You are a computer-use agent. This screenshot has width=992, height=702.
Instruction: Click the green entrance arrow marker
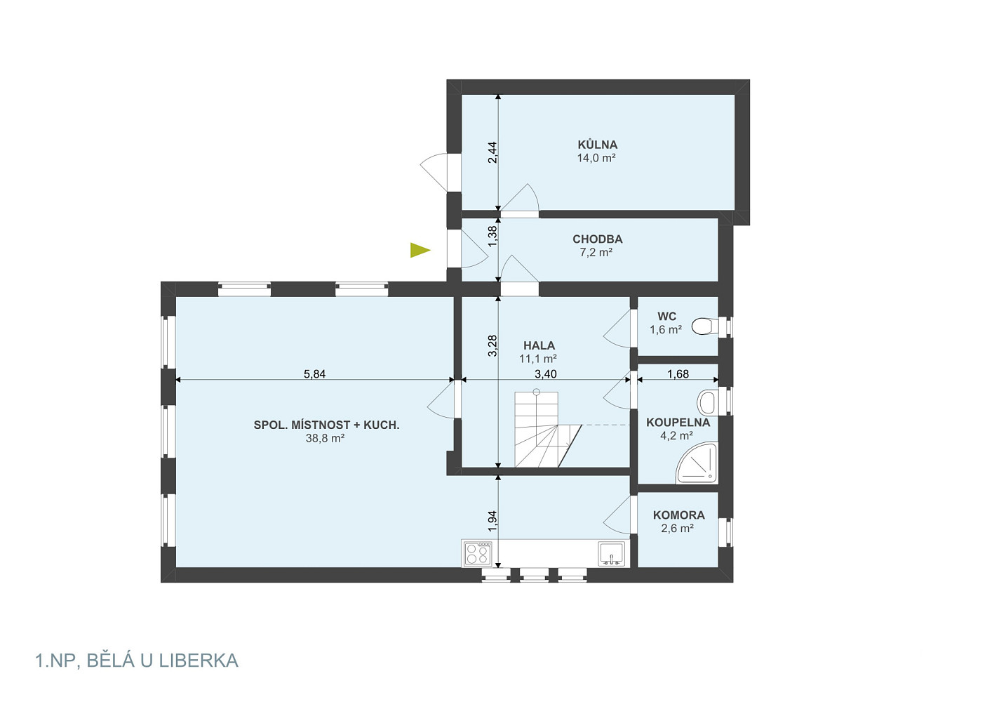pyautogui.click(x=420, y=251)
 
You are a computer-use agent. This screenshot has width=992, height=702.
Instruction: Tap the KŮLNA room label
pyautogui.click(x=598, y=145)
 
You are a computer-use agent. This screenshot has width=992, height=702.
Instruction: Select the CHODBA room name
pyautogui.click(x=598, y=239)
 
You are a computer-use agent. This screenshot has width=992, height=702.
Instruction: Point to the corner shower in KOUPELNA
pyautogui.click(x=697, y=463)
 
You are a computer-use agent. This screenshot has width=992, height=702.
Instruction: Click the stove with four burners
pyautogui.click(x=477, y=554)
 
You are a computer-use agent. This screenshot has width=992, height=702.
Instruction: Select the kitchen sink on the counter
pyautogui.click(x=612, y=554)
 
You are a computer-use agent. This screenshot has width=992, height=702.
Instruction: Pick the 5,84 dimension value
pyautogui.click(x=314, y=374)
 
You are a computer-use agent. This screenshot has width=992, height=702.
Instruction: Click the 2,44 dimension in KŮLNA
pyautogui.click(x=492, y=152)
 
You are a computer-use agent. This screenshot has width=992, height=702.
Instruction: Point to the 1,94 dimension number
pyautogui.click(x=492, y=522)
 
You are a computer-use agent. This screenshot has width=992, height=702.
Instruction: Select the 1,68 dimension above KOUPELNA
pyautogui.click(x=678, y=374)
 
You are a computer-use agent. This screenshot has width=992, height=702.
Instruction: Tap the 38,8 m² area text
pyautogui.click(x=326, y=438)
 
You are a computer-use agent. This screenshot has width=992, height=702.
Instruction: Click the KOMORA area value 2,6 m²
pyautogui.click(x=678, y=529)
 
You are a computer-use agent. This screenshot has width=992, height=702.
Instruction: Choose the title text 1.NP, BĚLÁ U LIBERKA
pyautogui.click(x=136, y=661)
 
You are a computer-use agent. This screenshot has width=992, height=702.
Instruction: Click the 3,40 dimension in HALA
pyautogui.click(x=546, y=374)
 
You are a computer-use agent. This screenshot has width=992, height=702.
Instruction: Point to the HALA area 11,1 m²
pyautogui.click(x=538, y=359)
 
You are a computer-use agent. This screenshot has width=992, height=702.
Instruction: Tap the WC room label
pyautogui.click(x=666, y=317)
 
